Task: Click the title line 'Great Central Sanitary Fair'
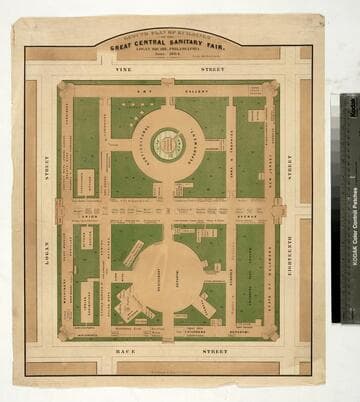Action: tap(167, 43)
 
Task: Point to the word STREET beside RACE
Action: tap(215, 352)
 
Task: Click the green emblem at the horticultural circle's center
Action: tap(168, 145)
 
